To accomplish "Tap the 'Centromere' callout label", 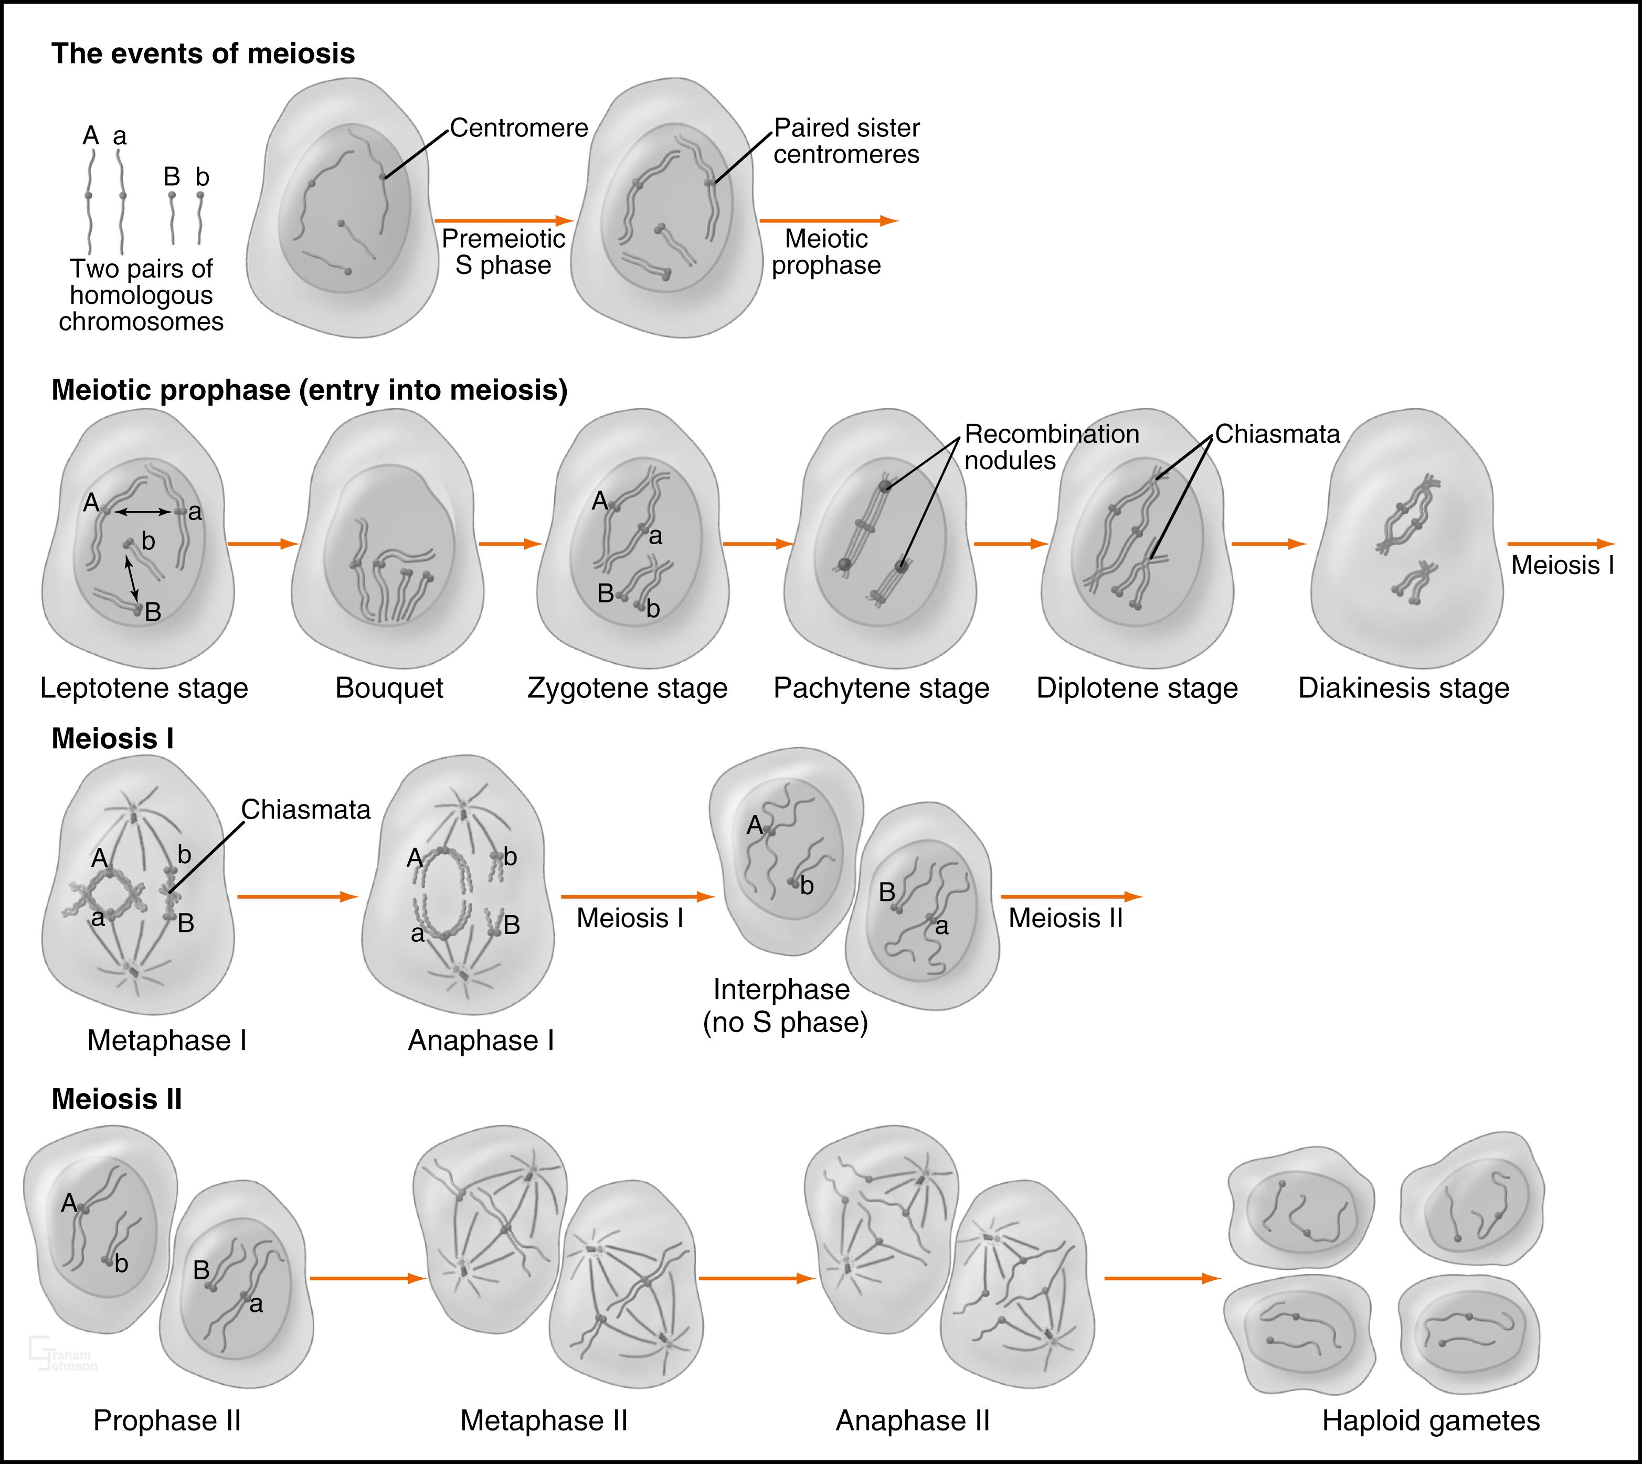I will [x=519, y=128].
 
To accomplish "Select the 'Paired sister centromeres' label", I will [x=846, y=141].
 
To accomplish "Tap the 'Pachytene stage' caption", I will [x=881, y=688].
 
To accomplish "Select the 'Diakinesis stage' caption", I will [x=1403, y=688].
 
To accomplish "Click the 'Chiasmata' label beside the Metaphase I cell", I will [x=306, y=809].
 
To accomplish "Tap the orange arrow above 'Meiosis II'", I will [x=1071, y=896].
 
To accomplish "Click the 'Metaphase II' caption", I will [x=543, y=1420].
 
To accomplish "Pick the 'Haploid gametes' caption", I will [x=1431, y=1420].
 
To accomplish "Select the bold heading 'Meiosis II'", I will [x=116, y=1099].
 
